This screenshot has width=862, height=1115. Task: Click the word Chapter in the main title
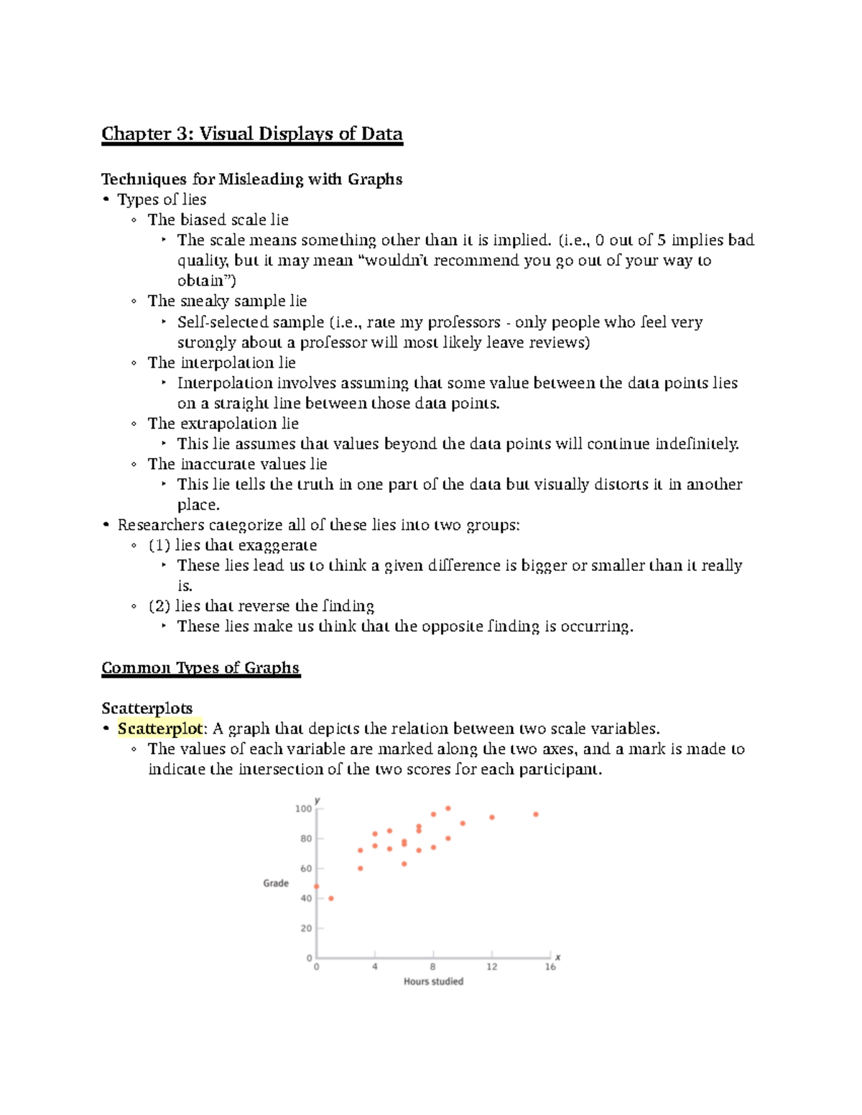[x=136, y=134]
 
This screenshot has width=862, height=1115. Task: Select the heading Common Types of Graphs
[x=200, y=668]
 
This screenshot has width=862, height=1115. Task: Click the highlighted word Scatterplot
[x=160, y=729]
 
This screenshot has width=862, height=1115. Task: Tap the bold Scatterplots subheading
[x=147, y=708]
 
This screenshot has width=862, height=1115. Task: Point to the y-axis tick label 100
[x=304, y=808]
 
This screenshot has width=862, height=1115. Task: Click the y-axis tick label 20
[x=307, y=928]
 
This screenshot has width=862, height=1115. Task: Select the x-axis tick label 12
[x=491, y=966]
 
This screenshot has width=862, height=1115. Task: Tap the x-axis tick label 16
[x=550, y=966]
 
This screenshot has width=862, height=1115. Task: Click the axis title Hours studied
[x=433, y=981]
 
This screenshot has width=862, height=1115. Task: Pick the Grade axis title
[x=276, y=883]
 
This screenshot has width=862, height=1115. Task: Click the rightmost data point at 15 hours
[x=536, y=814]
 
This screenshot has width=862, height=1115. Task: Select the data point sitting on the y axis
[x=317, y=887]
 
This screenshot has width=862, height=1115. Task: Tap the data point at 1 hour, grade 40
[x=331, y=898]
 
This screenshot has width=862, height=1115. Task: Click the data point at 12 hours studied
[x=492, y=817]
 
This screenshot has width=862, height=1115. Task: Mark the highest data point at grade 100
[x=448, y=808]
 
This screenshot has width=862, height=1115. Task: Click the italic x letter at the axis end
[x=558, y=957]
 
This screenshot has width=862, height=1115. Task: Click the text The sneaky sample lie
[x=227, y=301]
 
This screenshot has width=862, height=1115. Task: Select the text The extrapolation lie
[x=223, y=424]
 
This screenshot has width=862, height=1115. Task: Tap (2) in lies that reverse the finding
[x=159, y=606]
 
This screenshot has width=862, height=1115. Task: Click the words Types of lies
[x=162, y=200]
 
